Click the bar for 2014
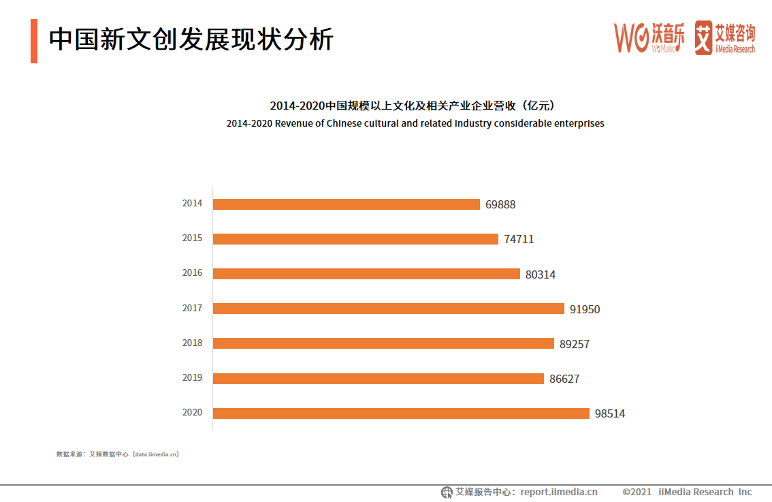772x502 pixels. click(347, 204)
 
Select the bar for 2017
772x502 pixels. click(389, 309)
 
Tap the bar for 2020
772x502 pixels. click(401, 413)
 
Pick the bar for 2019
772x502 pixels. click(379, 379)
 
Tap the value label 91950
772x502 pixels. click(585, 309)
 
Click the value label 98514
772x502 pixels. click(609, 413)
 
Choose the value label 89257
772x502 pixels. click(575, 344)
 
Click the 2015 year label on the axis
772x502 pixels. click(192, 238)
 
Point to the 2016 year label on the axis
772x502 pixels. click(192, 273)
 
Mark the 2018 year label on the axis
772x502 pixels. click(192, 343)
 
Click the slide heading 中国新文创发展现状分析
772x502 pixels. click(191, 40)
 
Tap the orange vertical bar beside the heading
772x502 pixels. click(34, 41)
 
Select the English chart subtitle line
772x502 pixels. click(415, 123)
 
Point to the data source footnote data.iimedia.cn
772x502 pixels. click(117, 454)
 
